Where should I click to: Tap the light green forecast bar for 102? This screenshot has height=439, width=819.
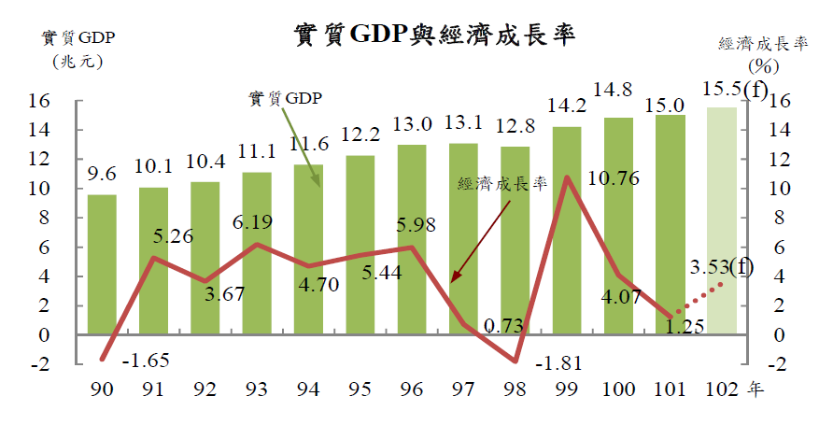coord(721,219)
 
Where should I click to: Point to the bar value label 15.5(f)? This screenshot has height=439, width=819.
coord(734,90)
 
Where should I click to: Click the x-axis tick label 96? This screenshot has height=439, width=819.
coord(412,389)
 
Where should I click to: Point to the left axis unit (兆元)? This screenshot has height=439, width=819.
coord(73,62)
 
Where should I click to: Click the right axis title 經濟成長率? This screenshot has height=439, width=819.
coord(763,44)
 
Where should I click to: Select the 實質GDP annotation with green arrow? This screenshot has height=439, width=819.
coord(284,98)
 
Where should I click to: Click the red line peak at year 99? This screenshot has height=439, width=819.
coord(566,177)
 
